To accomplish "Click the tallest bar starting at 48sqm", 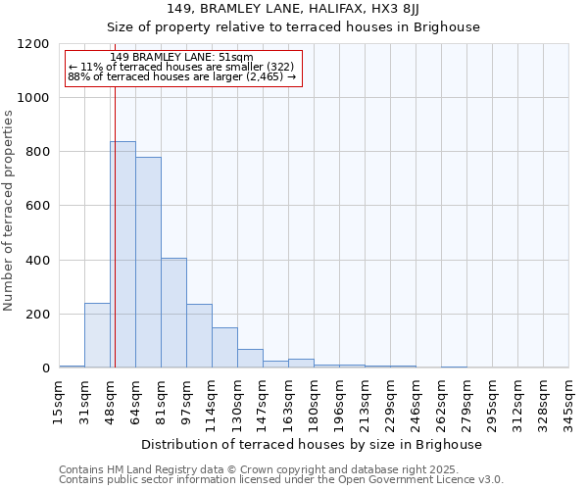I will (122, 255).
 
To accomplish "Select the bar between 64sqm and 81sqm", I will (148, 263).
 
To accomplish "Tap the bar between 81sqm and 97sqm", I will (173, 313).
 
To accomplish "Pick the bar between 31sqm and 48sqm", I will (97, 335).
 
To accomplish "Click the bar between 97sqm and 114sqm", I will (199, 336).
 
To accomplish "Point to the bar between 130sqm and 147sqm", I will (250, 359).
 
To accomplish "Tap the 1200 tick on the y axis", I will (33, 44).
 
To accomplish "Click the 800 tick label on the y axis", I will (37, 152).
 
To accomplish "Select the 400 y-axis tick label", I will (37, 261).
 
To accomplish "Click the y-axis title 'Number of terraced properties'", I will (9, 211).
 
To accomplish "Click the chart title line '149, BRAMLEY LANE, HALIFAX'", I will (294, 9).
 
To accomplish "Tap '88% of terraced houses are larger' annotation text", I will (181, 75).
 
